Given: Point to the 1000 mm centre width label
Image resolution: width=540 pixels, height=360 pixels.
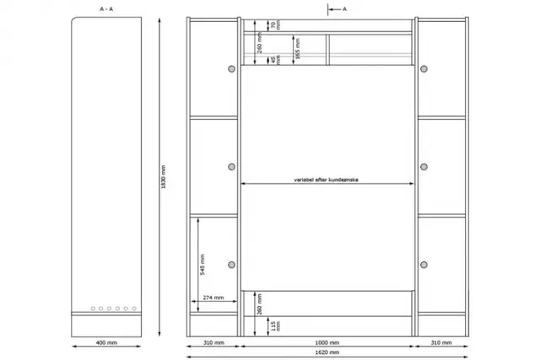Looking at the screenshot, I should (327, 343).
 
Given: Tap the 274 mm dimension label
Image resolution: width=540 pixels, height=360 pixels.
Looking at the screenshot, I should (213, 298).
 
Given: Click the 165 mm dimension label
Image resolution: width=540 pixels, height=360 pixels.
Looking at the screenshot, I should (295, 46).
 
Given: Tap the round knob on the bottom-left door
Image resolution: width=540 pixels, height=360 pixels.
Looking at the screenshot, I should (232, 266).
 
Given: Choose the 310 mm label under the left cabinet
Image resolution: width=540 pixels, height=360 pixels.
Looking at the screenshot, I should (213, 343).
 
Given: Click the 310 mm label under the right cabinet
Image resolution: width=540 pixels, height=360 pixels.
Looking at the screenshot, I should (441, 343).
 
